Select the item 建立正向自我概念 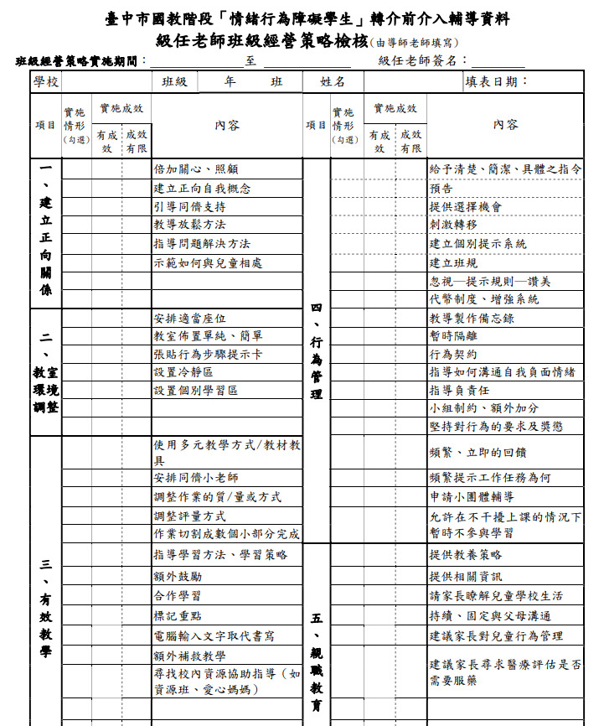click(201, 189)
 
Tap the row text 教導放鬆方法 click(189, 225)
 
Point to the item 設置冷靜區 click(183, 372)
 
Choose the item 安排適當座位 click(189, 319)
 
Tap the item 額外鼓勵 click(177, 576)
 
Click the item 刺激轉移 click(453, 225)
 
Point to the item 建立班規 click(453, 262)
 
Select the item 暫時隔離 click(453, 336)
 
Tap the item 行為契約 click(453, 354)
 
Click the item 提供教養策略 click(466, 555)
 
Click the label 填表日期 click(497, 81)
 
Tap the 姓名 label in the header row click(333, 82)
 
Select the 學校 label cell click(46, 81)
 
